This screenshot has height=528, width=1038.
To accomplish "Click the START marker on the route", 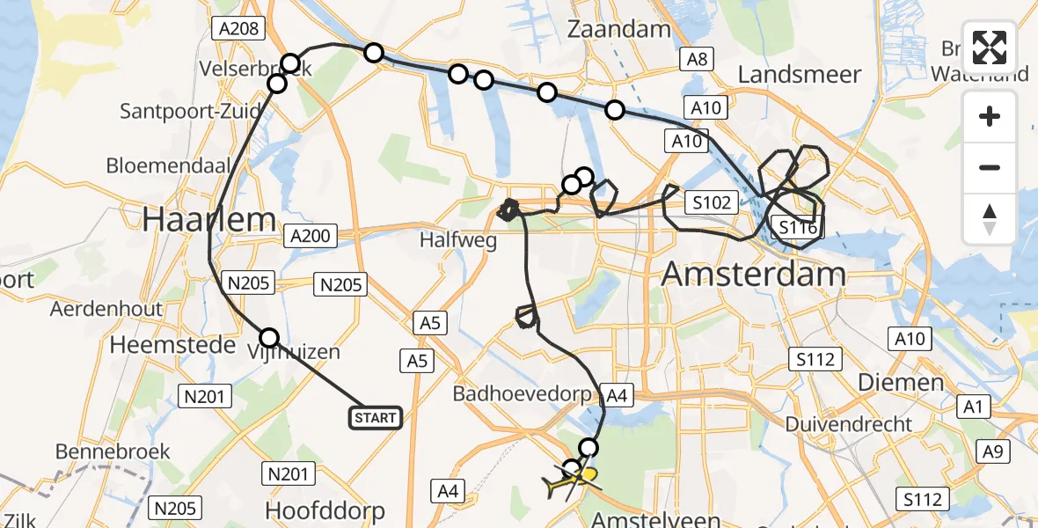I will click(x=376, y=417).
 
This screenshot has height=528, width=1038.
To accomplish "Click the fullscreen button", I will click(x=990, y=48).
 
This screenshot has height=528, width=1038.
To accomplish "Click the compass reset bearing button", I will click(x=990, y=218).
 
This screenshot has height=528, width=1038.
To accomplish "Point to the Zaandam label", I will click(x=619, y=29).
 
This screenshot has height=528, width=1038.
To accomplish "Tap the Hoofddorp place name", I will click(x=325, y=510).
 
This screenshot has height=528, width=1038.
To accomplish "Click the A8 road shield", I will click(x=698, y=59).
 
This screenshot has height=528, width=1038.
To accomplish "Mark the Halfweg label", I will click(x=452, y=238).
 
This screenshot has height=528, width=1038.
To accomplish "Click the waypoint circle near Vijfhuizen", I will click(x=269, y=337).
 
